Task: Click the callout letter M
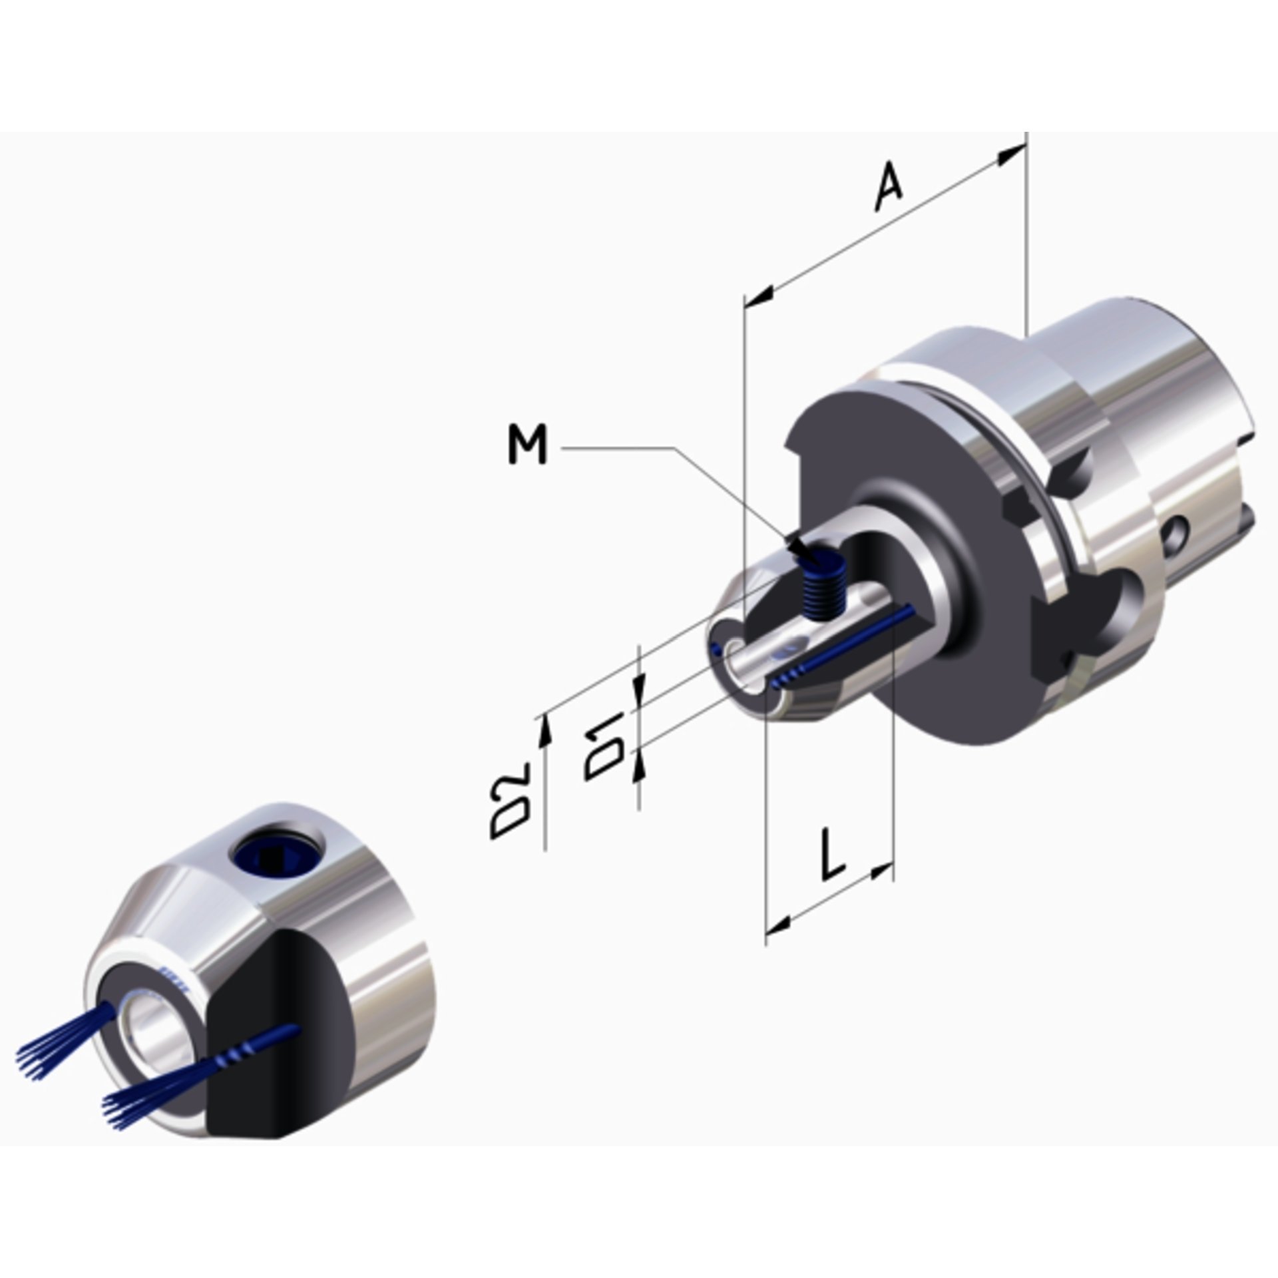(x=527, y=446)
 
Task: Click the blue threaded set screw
(x=823, y=586)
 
